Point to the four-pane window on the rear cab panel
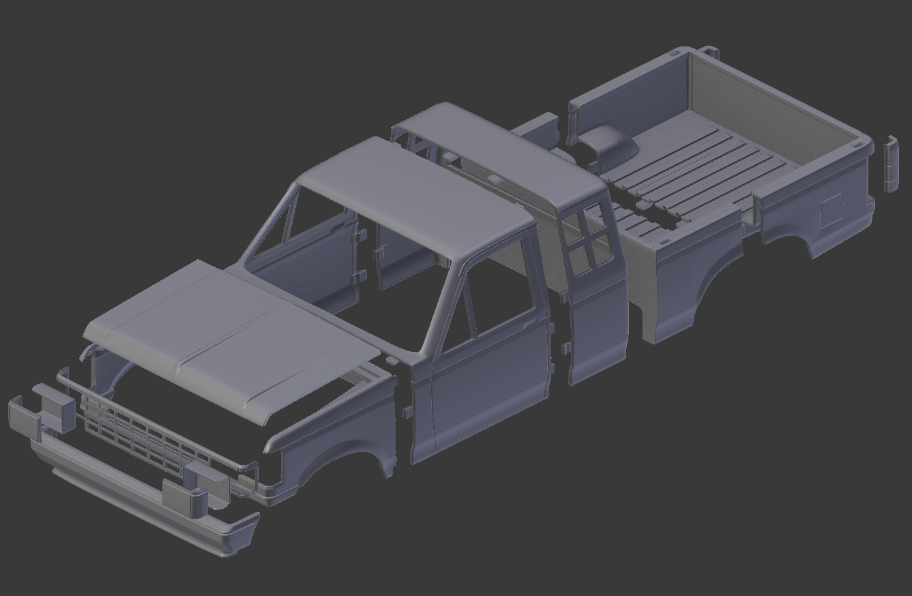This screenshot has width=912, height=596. coord(587,242)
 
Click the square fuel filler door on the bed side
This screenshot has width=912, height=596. coord(831,210)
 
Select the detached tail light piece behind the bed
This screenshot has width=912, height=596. coord(890,164)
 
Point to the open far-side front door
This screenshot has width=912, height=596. coord(321,259)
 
